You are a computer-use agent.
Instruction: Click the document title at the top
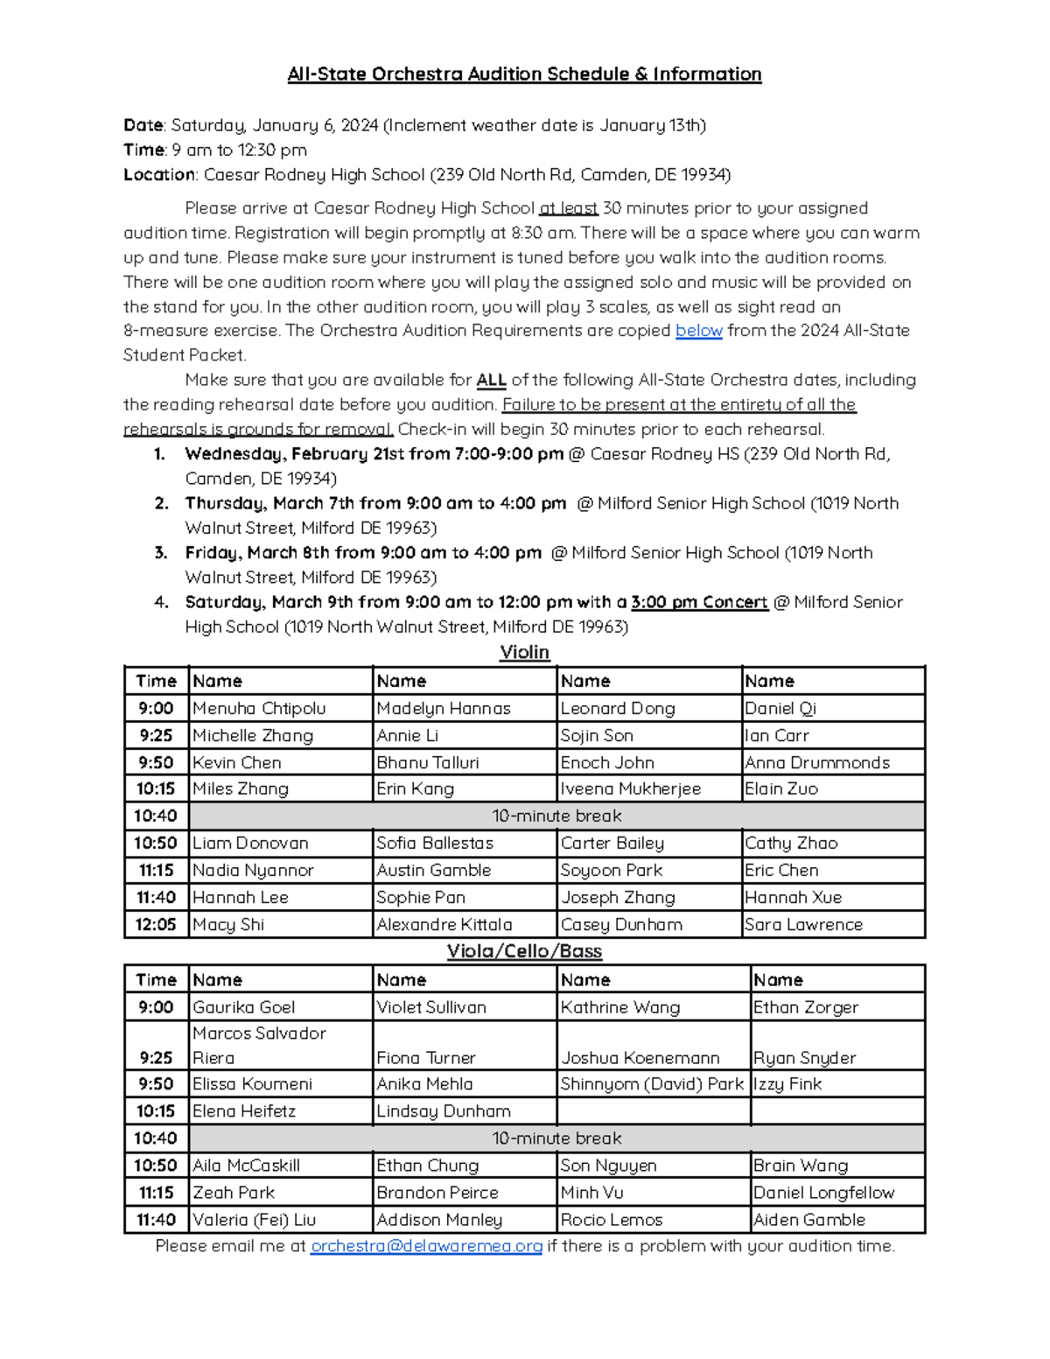tap(524, 74)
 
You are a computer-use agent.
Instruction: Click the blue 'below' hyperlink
tap(698, 331)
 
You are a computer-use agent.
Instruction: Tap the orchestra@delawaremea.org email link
tap(426, 1245)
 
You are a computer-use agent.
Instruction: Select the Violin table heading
tap(524, 652)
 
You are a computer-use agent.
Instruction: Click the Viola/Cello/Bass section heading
tap(524, 951)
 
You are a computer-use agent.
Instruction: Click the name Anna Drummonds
tap(816, 762)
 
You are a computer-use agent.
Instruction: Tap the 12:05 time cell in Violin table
tap(156, 924)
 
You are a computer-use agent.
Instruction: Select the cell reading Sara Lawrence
tap(803, 924)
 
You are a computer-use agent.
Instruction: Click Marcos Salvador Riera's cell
tap(259, 1045)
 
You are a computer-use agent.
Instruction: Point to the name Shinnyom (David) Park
tap(652, 1084)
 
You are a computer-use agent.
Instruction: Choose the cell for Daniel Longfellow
tap(823, 1193)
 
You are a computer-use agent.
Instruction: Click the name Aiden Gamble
tap(809, 1220)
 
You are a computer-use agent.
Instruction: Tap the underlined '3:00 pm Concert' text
tap(699, 602)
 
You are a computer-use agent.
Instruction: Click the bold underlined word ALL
tap(491, 380)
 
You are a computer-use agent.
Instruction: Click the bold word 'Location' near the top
tap(159, 175)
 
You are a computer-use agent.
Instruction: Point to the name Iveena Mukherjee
tap(630, 788)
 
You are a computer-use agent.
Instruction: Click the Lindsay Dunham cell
tap(443, 1111)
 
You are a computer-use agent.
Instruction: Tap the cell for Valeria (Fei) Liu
tap(254, 1220)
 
